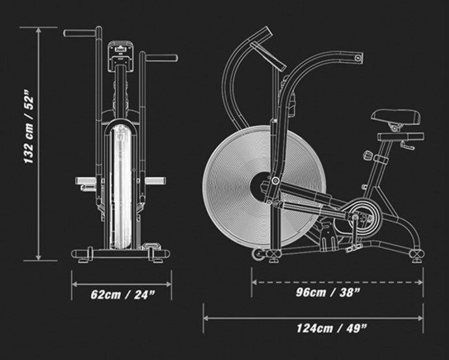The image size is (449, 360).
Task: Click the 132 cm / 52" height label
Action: (29, 127)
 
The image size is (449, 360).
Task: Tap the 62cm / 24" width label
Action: (123, 295)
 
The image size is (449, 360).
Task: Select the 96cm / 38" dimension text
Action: (328, 292)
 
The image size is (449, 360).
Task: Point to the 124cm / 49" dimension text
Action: (331, 328)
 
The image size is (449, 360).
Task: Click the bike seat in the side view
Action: (396, 117)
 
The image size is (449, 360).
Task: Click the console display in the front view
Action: (120, 56)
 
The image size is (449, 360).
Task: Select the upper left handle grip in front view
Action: (79, 33)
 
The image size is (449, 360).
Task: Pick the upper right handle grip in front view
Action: (161, 58)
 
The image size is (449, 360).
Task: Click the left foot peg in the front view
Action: (86, 181)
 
